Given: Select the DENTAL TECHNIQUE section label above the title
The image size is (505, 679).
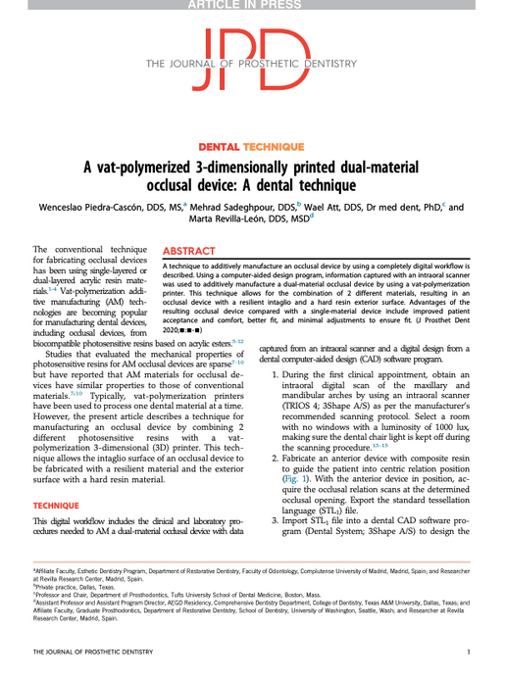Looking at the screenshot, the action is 252,145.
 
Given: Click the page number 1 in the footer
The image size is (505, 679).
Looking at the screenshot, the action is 470,651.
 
